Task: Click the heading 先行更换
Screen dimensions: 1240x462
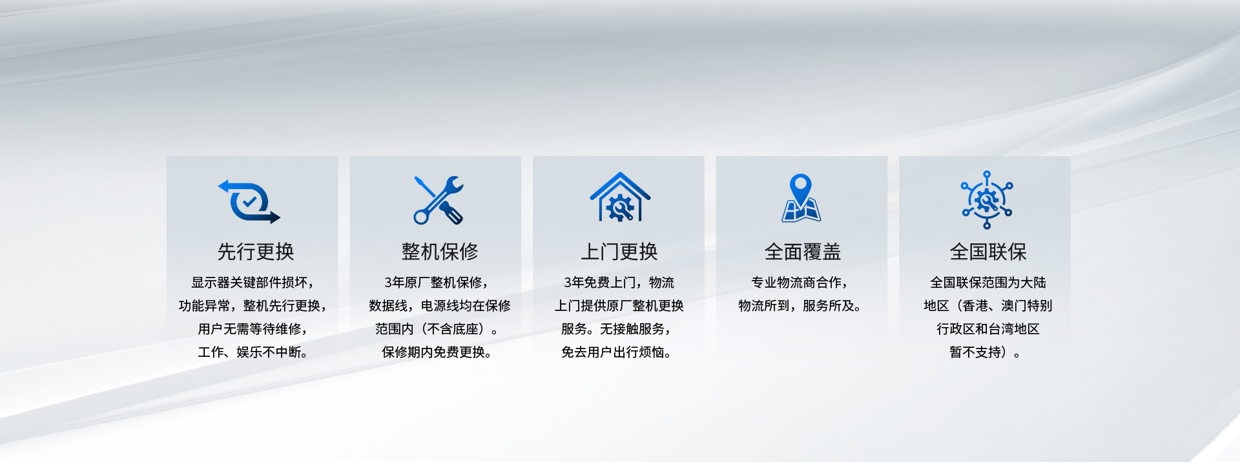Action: point(256,252)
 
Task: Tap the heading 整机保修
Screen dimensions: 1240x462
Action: point(440,252)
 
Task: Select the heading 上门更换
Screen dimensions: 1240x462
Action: point(619,252)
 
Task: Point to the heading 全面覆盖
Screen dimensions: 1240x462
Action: point(803,252)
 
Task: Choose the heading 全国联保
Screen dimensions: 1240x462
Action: point(988,252)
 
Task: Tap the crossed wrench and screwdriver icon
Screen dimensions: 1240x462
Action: point(439,200)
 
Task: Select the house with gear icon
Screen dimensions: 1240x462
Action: point(620,197)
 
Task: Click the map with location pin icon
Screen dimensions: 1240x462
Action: point(801,198)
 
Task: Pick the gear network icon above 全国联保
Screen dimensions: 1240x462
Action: point(987,200)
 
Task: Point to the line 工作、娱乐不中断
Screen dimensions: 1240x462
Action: point(253,352)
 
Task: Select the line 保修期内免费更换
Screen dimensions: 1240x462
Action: point(437,352)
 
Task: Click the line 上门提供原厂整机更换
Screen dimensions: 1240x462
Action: point(619,306)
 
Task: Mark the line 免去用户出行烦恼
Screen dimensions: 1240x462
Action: point(616,352)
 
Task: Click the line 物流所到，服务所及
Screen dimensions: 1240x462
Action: point(800,306)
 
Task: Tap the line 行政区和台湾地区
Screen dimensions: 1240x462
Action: point(988,329)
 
